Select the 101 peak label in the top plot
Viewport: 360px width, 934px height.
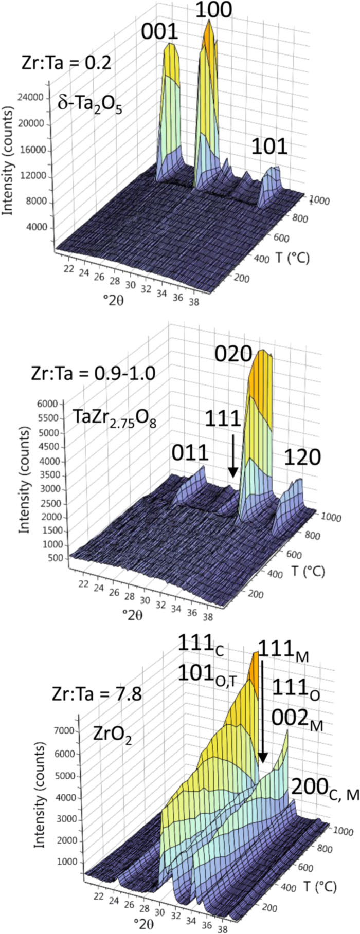(269, 147)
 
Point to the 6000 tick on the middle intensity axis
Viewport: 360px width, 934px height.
(53, 404)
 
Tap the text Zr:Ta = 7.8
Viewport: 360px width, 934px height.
(97, 695)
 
